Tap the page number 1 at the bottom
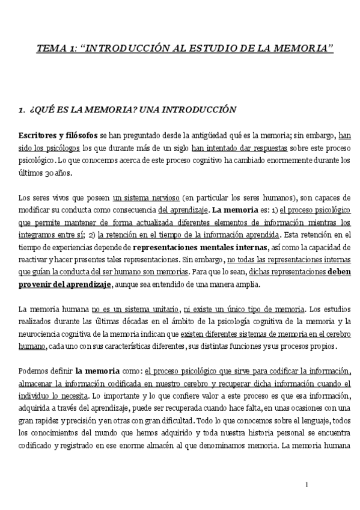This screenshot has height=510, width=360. (307, 485)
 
